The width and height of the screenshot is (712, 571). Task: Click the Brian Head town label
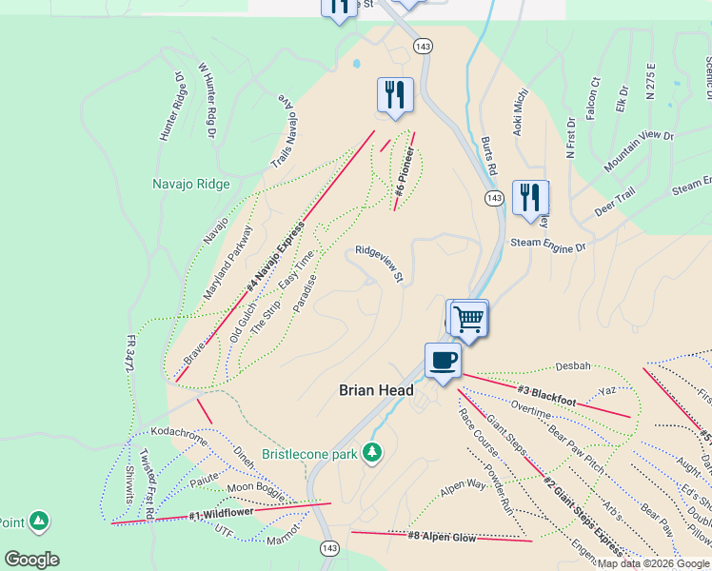point(377,390)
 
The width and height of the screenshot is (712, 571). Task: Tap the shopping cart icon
point(467,318)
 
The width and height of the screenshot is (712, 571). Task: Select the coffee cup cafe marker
point(443,362)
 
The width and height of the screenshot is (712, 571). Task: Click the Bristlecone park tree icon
point(373,451)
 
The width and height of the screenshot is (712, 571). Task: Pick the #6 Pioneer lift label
point(404,172)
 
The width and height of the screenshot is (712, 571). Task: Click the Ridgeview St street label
point(380,264)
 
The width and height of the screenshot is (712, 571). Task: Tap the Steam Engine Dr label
point(547,246)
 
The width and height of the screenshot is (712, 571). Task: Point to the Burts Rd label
point(489,155)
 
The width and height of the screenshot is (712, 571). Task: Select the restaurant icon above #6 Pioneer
point(395,94)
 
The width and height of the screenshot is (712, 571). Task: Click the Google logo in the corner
point(31,560)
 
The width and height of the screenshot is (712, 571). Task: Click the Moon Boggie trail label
point(254,488)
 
